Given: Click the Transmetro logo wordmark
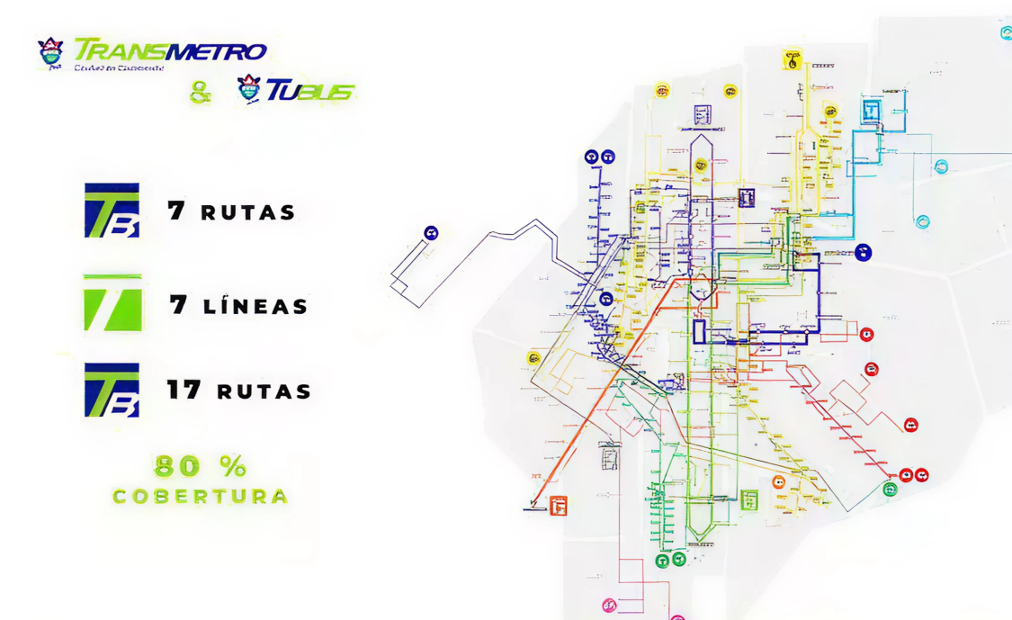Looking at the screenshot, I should point(170,49).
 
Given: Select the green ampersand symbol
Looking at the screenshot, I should point(201,92).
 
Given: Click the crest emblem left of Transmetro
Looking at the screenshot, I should point(51,53).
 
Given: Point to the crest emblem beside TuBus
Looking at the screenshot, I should point(248,89).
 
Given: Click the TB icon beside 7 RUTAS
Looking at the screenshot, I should point(112,211).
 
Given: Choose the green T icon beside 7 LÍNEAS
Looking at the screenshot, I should point(112,303).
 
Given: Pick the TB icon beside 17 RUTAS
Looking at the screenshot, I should point(112,391).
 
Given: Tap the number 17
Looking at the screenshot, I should point(185,391).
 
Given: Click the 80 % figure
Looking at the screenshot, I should point(200,466).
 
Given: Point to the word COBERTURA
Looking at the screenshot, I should point(201,496).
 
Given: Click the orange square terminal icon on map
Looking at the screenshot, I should point(558,506).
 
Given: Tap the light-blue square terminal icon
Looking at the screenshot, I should point(871,111).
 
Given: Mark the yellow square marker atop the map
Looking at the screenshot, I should point(793,60).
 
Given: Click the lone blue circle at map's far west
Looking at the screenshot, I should point(432,234).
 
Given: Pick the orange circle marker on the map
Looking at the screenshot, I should point(778,482).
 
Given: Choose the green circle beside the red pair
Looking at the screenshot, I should point(890,490).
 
